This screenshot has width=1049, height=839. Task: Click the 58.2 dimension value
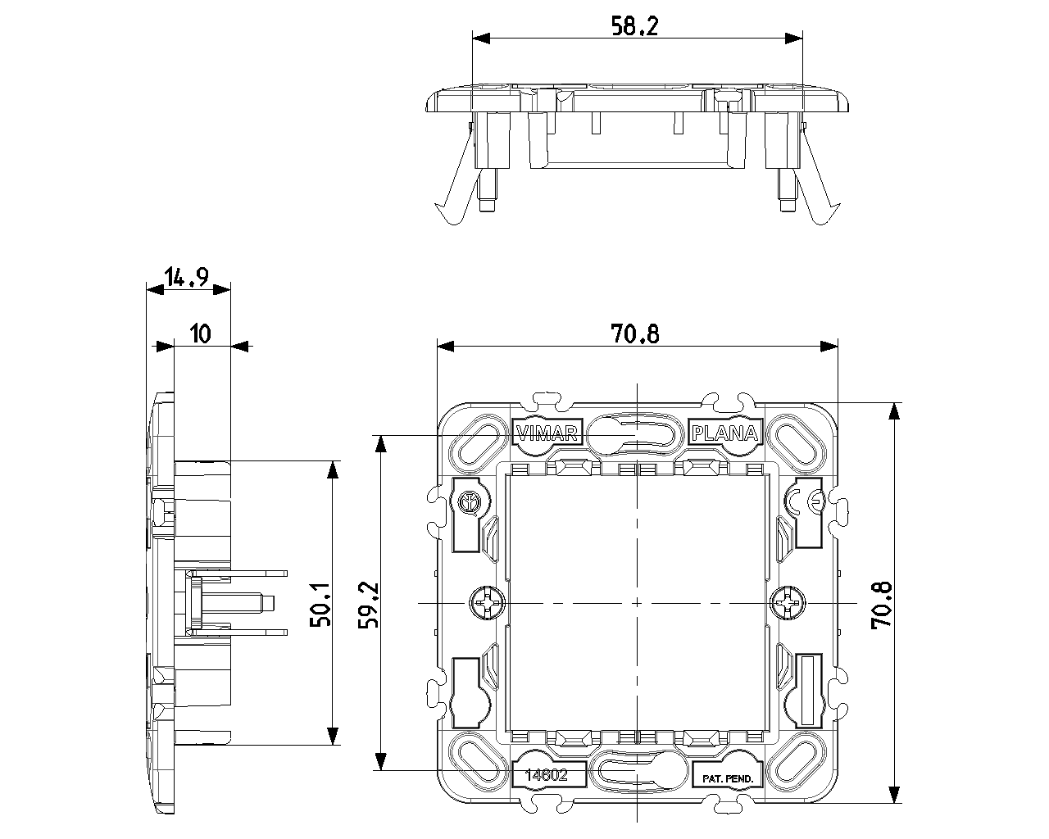point(634,26)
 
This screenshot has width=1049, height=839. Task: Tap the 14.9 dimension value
point(187,276)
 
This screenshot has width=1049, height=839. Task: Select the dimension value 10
point(200,334)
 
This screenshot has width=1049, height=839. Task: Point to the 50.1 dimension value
point(320,605)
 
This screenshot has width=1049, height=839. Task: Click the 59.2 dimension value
point(369,605)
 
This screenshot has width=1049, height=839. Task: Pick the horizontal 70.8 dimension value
point(634,334)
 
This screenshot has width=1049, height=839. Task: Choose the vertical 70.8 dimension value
point(881,605)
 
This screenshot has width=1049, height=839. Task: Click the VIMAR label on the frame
point(547,433)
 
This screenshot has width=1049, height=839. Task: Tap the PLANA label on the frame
point(724,433)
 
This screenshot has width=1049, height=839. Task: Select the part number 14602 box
point(548,775)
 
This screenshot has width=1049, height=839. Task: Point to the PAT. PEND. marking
point(727,779)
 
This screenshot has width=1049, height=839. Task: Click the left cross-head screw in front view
point(487,604)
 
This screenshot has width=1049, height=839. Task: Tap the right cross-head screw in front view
point(788,604)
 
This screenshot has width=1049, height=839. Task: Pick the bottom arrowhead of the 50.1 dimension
point(333,736)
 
